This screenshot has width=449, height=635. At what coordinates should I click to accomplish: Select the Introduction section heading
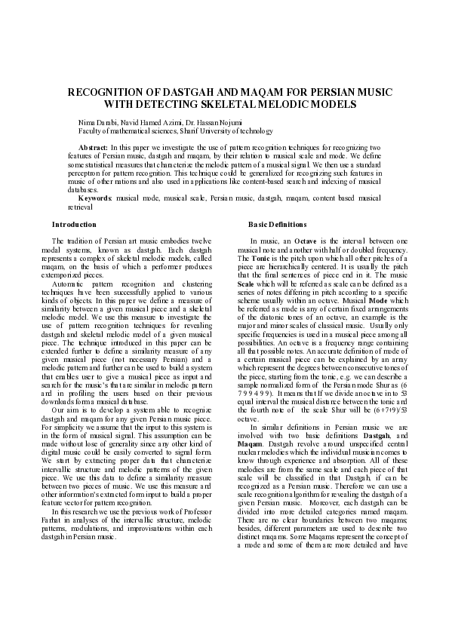tap(73, 225)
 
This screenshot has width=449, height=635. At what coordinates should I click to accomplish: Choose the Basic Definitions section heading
tap(278, 225)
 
